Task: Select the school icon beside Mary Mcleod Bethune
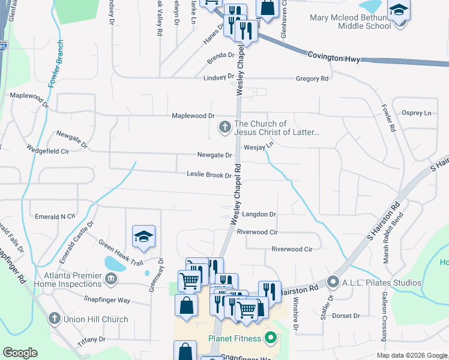(x=397, y=11)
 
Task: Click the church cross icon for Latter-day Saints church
(x=224, y=127)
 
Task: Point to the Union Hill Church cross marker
(x=54, y=319)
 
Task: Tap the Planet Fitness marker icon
(x=270, y=338)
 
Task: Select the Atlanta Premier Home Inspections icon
(x=110, y=278)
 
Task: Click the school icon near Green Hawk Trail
(x=143, y=237)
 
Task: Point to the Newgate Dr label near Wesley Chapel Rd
(x=215, y=155)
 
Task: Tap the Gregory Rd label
(x=313, y=79)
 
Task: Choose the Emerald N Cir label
(x=55, y=215)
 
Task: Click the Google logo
(x=20, y=353)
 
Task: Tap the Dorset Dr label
(x=346, y=316)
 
